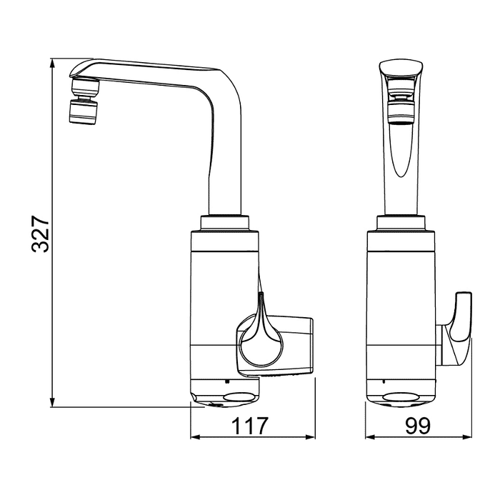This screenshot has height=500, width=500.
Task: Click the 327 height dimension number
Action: [40, 234]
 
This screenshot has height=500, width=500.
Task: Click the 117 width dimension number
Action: [250, 426]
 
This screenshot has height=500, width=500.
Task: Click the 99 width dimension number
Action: [418, 426]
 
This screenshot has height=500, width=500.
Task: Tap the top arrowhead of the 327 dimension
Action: [53, 63]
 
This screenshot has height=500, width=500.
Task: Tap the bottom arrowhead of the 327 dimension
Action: [53, 402]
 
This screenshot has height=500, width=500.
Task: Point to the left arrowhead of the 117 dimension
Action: [195, 437]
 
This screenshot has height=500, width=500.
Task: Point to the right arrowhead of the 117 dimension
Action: [311, 437]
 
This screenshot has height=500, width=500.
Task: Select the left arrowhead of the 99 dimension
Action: [370, 437]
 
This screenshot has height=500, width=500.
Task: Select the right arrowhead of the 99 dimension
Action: [467, 437]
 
